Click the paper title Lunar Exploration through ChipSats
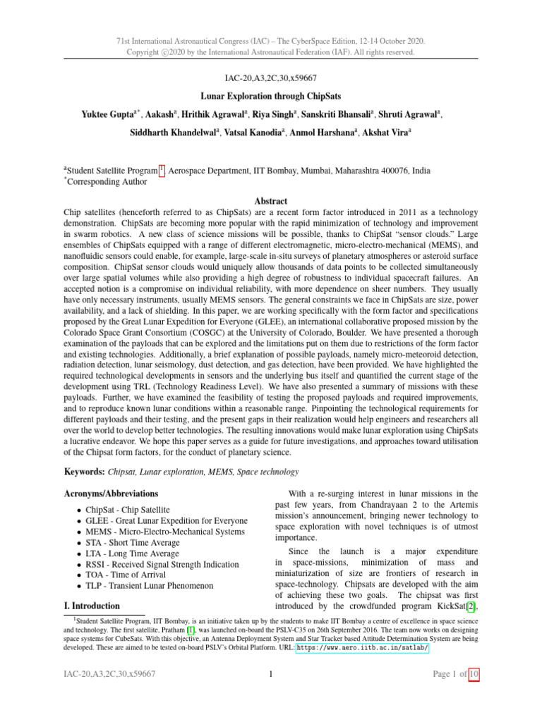click(270, 94)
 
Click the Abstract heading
click(270, 200)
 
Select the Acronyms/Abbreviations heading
click(112, 493)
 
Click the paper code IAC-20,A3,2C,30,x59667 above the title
click(270, 75)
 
